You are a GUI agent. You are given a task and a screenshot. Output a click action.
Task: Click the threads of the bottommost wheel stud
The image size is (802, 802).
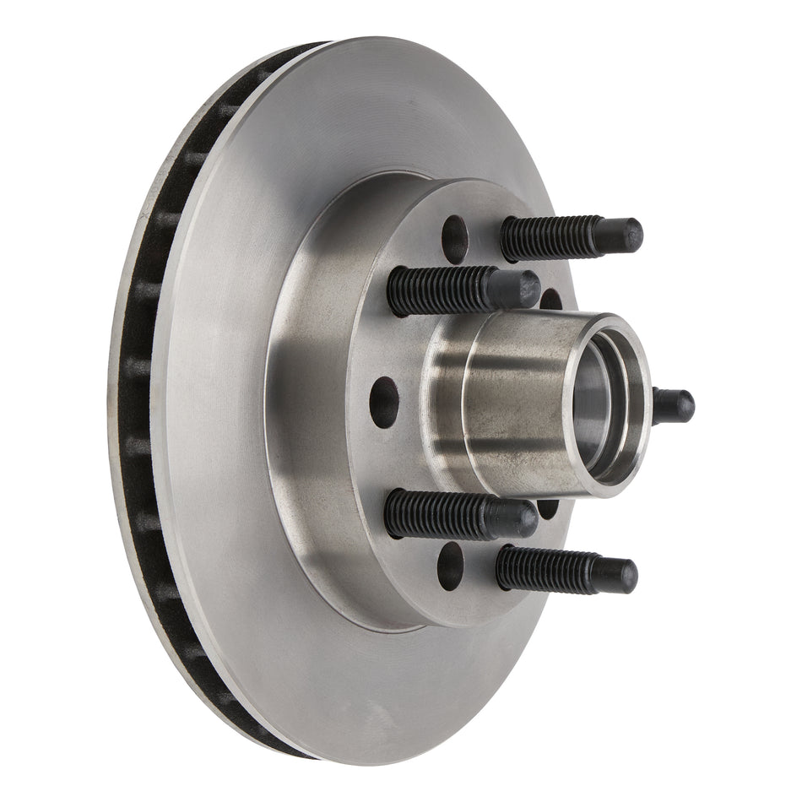[540, 568]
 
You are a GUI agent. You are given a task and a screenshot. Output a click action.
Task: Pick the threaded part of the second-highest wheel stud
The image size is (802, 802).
[439, 290]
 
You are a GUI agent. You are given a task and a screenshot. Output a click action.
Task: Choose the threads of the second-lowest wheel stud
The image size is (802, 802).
[435, 512]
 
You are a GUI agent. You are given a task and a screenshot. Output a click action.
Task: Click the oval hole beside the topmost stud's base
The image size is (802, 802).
[454, 239]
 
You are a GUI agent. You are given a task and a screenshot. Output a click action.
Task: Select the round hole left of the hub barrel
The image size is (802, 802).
[384, 402]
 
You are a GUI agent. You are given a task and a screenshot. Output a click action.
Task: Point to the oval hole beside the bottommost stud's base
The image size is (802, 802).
[450, 565]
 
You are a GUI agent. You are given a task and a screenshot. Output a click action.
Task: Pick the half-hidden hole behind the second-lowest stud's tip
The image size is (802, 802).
[548, 508]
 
